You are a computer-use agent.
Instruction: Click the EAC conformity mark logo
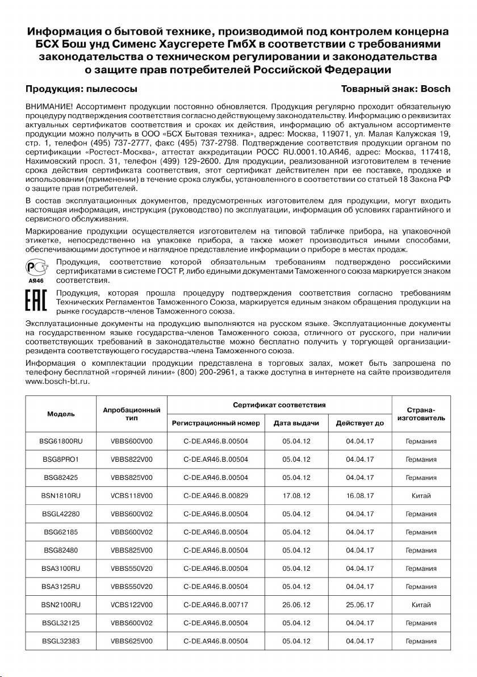(x=36, y=302)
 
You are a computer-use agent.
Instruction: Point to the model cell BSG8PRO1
(x=61, y=459)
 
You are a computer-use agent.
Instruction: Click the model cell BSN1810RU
(x=61, y=495)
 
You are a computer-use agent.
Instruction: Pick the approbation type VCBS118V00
(x=132, y=495)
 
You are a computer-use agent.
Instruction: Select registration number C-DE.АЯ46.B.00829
(x=216, y=495)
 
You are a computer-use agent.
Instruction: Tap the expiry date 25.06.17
(x=360, y=604)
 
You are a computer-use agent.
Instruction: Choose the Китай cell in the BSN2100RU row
(x=421, y=604)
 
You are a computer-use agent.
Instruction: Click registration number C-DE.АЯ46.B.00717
(x=216, y=604)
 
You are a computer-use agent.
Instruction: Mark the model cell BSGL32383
(x=61, y=641)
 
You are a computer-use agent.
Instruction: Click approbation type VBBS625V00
(x=132, y=641)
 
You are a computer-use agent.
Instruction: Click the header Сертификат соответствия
(x=279, y=405)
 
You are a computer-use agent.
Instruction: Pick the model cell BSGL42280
(x=61, y=513)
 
